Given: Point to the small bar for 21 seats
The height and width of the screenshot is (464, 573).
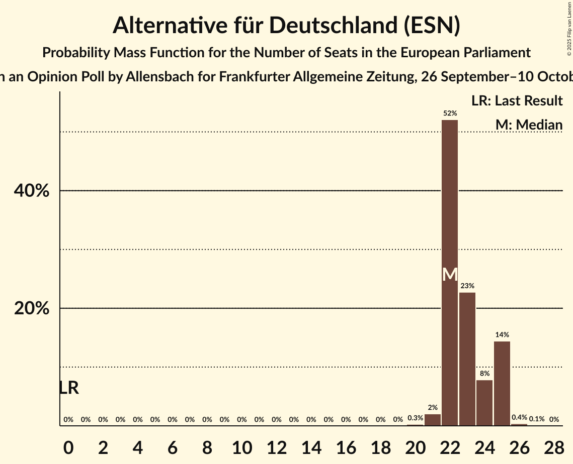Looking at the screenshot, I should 433,420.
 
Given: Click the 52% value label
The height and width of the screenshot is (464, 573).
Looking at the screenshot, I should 450,113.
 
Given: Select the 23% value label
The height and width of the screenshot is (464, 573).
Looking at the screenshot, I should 467,286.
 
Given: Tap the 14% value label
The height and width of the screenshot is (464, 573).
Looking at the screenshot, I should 502,334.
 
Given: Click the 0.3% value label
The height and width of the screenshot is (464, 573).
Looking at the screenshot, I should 415,418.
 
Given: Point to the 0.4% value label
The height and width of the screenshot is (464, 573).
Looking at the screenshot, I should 519,417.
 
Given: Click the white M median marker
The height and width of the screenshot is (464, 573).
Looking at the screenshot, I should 450,275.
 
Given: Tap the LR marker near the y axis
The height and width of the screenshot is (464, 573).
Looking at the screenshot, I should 69,388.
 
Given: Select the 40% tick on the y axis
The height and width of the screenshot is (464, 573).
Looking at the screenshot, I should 32,191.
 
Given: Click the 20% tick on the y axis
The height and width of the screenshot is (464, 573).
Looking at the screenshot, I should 32,308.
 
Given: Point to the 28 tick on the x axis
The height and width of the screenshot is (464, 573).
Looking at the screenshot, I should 554,448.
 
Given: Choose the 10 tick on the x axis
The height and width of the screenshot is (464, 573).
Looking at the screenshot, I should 242,448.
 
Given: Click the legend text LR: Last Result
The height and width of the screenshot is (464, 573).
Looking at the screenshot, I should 517,101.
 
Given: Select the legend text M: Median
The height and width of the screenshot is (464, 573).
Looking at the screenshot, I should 528,125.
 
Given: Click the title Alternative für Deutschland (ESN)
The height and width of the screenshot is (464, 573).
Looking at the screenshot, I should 286,25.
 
